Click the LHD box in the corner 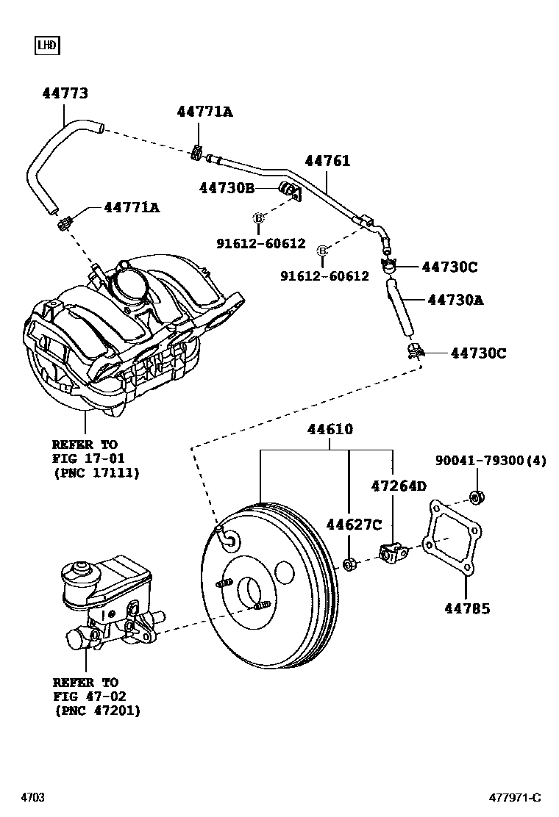[x=47, y=46]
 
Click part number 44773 [x=65, y=93]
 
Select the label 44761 [x=327, y=160]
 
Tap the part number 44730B [x=227, y=187]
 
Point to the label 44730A [x=455, y=300]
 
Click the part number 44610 [x=330, y=429]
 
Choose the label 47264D [x=399, y=486]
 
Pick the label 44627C [x=354, y=524]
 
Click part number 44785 [x=467, y=608]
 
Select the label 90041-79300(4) [x=491, y=461]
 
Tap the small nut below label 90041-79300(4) [x=476, y=497]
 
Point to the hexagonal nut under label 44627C [x=349, y=564]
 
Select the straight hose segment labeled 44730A [x=400, y=307]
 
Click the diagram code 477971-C [x=515, y=798]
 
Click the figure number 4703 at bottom [x=32, y=798]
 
